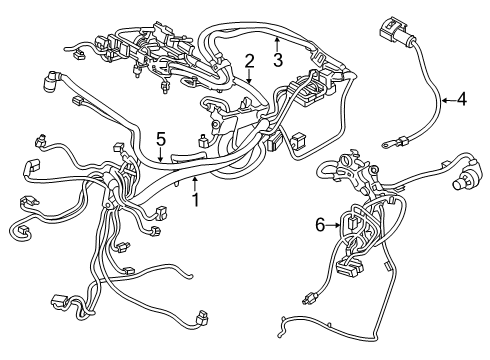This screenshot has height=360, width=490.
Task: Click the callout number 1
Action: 196,200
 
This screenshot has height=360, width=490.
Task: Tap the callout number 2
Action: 249,61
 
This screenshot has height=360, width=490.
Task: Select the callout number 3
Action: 278,59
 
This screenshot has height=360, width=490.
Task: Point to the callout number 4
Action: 462,99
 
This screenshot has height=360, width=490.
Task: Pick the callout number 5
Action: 160,139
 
